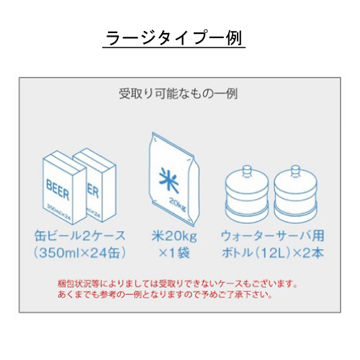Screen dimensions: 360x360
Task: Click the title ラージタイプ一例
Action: [174, 38]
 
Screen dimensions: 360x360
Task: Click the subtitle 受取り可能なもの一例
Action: [179, 94]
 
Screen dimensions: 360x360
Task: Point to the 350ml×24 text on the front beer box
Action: [59, 211]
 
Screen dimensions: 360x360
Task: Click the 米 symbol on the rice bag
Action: [169, 181]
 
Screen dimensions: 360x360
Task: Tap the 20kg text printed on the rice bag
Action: [178, 204]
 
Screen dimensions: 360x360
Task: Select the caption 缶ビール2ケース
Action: [80, 236]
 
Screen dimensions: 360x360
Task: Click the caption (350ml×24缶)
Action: [80, 253]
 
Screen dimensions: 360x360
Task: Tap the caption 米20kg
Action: [174, 236]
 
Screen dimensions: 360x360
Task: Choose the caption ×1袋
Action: [174, 253]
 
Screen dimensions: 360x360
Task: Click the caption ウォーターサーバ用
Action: [273, 236]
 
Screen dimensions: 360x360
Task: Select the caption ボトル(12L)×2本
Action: [273, 253]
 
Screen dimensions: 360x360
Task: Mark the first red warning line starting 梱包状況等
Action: [178, 284]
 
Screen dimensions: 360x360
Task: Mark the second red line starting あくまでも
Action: [165, 294]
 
